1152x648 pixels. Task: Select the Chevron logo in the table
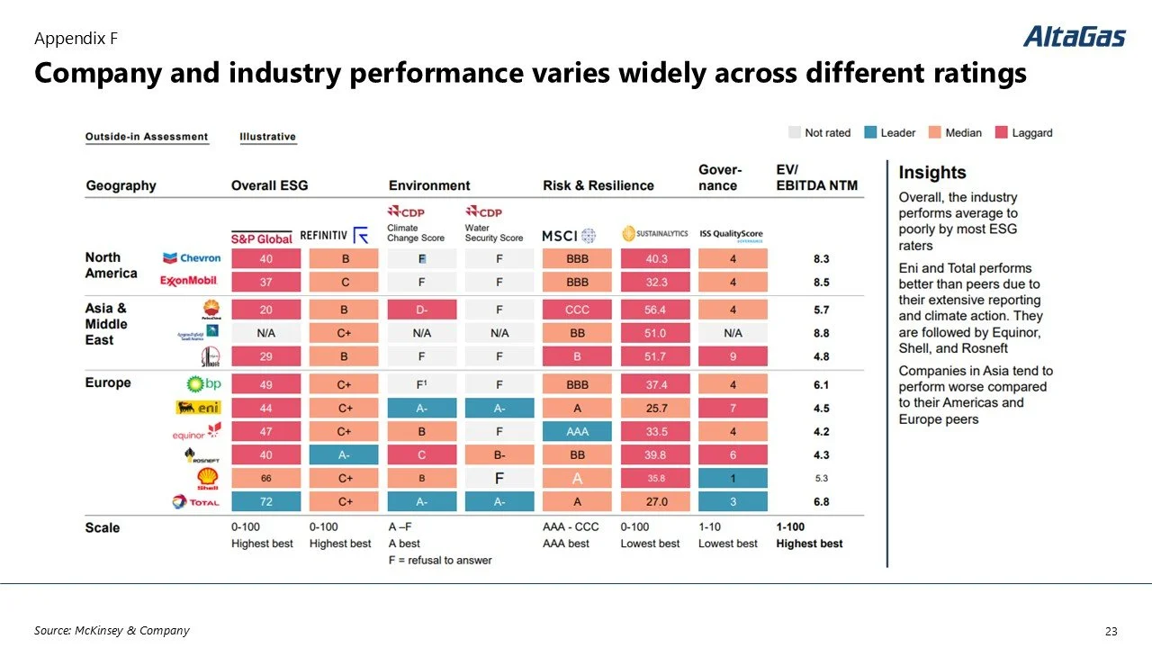192,258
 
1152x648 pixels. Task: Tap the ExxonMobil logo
189,282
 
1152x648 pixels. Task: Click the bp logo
202,384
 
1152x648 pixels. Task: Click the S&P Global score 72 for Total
265,501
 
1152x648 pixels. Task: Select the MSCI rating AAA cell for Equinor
577,431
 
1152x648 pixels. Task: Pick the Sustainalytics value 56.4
655,310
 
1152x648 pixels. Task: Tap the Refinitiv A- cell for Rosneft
344,454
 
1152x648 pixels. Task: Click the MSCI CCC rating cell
577,310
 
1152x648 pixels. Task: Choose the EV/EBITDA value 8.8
820,333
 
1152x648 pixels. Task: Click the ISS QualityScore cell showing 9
733,356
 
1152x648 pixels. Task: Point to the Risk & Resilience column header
598,185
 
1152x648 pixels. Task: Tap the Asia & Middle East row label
106,324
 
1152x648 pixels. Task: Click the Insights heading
931,173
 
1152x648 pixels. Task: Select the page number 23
1110,631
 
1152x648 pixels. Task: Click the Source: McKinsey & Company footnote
112,630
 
